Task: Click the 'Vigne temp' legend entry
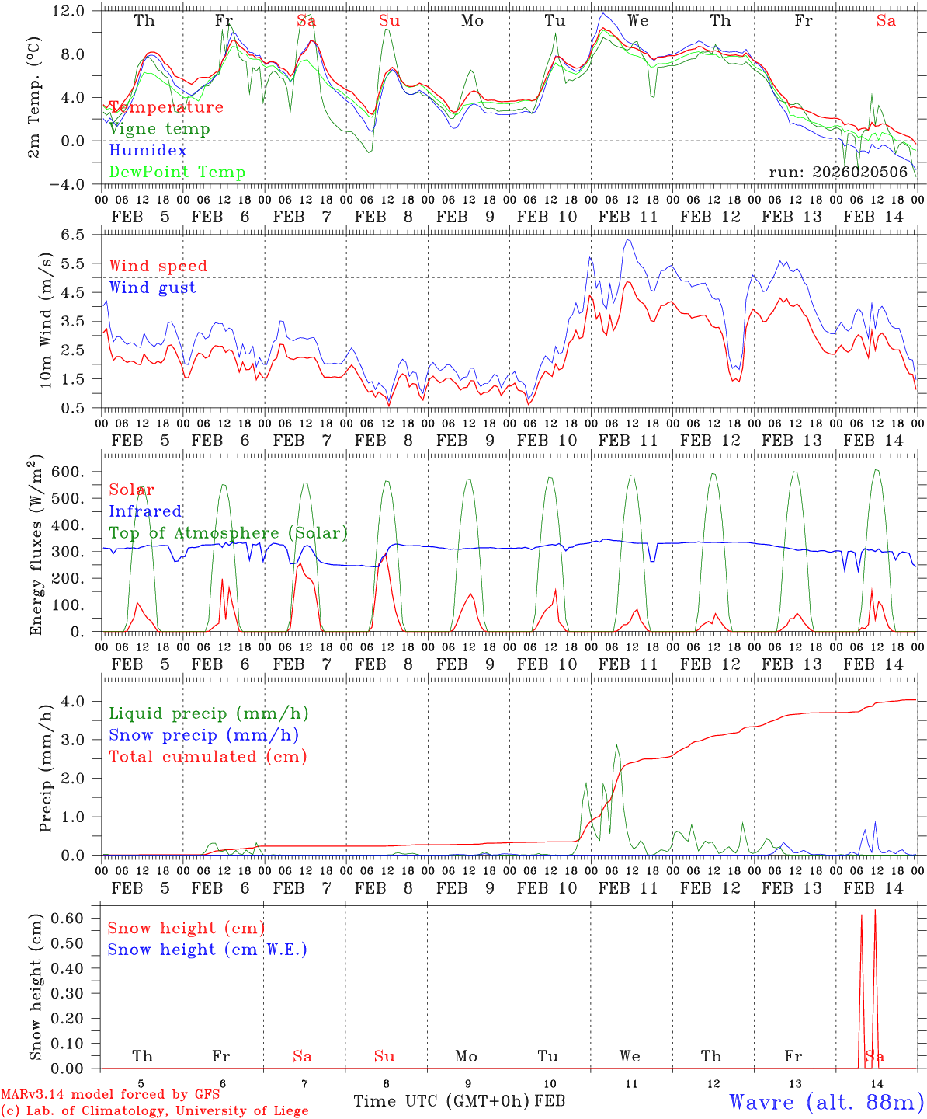coord(159,129)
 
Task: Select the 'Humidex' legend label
coord(148,151)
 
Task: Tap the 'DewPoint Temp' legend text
coord(177,173)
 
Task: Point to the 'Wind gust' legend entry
coord(152,288)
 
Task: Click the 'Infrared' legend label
coord(145,511)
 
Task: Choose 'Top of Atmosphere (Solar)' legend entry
coord(227,533)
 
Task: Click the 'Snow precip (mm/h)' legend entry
coord(203,735)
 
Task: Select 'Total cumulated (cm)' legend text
coord(207,757)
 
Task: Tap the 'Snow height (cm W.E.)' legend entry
coord(207,950)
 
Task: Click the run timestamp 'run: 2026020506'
coord(838,173)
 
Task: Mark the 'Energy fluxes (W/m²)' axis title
coord(36,547)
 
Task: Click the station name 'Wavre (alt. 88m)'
coord(826,1102)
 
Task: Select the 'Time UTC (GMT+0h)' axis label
coord(441,1101)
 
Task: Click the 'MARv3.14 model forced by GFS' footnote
coord(110,1095)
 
